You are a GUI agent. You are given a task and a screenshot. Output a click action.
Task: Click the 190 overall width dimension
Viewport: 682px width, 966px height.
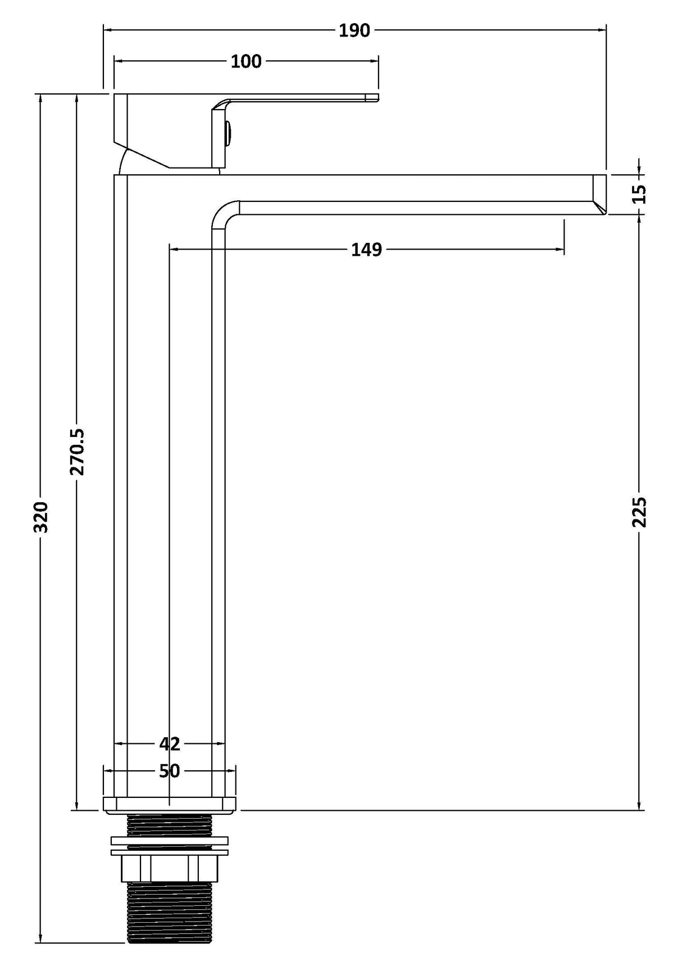pos(354,30)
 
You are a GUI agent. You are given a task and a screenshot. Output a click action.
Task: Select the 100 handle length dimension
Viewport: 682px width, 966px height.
pos(246,61)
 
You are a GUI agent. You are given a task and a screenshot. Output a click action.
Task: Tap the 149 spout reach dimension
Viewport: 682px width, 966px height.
pos(366,249)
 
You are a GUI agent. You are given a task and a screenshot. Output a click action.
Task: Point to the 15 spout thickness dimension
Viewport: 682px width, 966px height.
pos(640,194)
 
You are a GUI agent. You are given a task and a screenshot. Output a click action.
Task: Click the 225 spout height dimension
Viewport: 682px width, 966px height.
pos(640,512)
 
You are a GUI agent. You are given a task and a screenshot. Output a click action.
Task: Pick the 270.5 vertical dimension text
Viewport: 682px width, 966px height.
pos(78,452)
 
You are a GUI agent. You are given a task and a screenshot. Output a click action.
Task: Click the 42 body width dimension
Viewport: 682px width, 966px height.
pos(169,744)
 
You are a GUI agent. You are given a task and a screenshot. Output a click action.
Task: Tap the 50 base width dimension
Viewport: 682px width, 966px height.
pos(169,771)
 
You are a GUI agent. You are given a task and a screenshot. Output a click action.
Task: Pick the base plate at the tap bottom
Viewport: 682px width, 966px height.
pos(169,805)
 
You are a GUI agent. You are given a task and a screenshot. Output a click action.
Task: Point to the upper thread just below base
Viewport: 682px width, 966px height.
pos(169,825)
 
